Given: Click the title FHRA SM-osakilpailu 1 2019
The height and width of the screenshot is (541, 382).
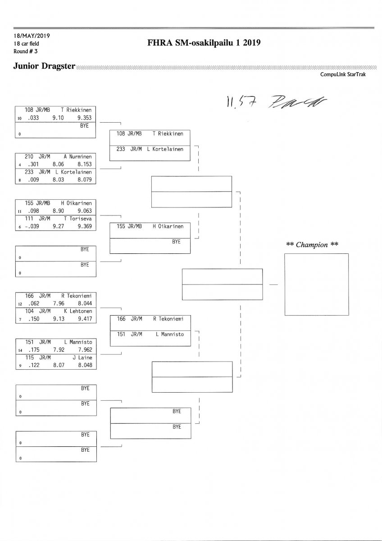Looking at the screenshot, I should pos(204,43).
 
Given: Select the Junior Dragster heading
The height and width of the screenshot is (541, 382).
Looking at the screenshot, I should pos(44,67).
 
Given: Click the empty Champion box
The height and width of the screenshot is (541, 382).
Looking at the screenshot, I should pos(316,284).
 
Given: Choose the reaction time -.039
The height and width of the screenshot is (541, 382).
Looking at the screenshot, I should pos(33,227).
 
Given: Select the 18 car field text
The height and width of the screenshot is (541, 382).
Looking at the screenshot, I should pos(27,43).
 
